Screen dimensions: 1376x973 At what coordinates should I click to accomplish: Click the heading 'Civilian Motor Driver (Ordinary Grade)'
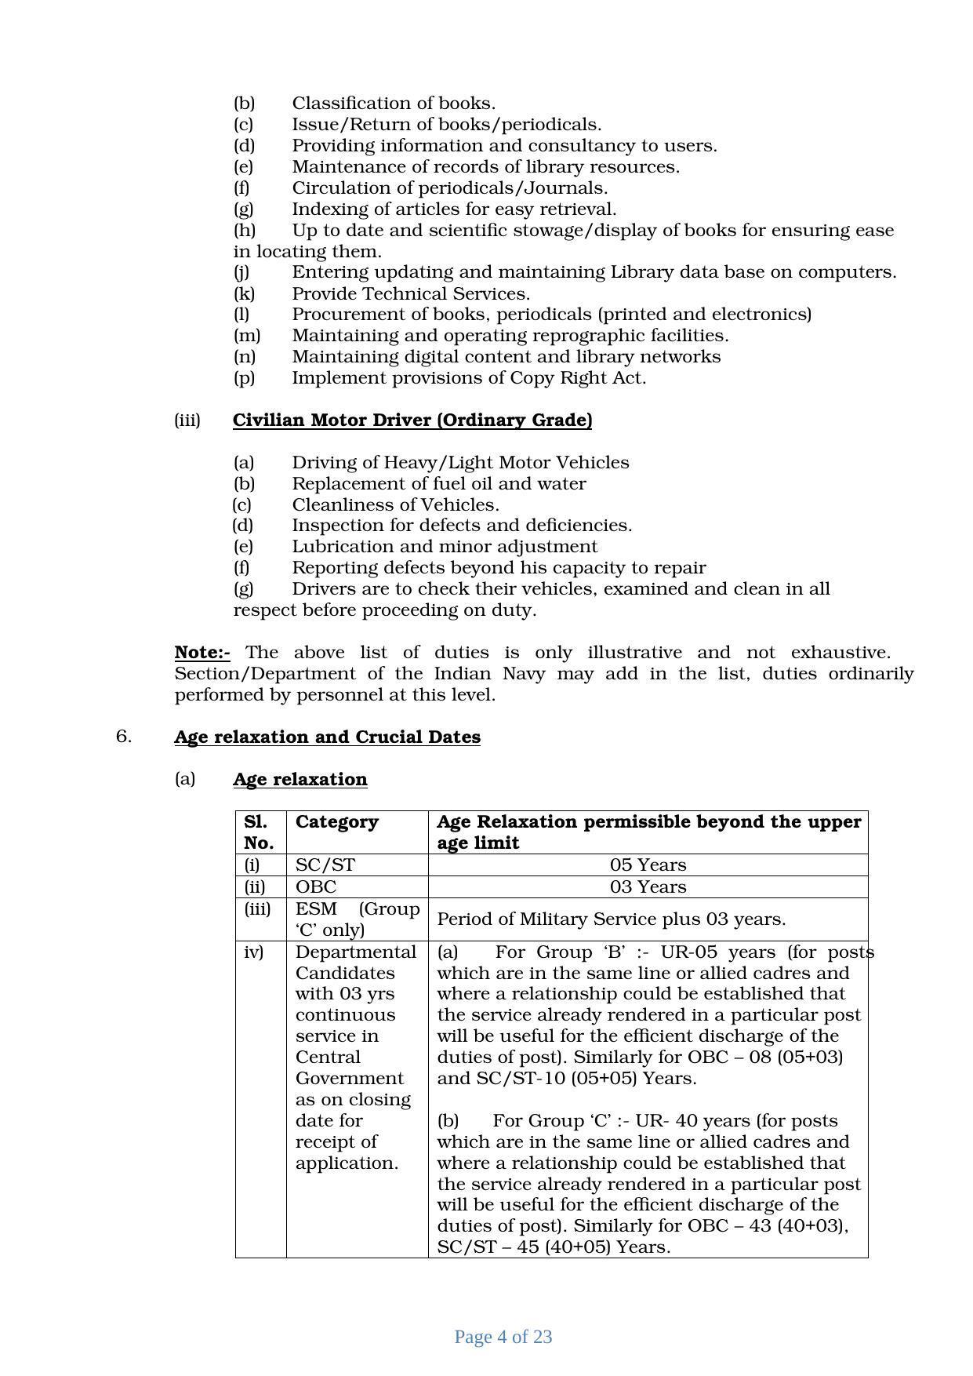click(412, 420)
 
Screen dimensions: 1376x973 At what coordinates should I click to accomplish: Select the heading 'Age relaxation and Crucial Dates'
click(327, 737)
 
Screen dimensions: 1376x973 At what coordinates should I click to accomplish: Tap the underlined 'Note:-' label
click(202, 653)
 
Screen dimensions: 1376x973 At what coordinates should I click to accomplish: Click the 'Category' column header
click(337, 822)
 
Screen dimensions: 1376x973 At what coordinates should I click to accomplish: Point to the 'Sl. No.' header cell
click(259, 832)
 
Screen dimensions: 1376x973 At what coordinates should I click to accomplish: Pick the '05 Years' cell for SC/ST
click(648, 865)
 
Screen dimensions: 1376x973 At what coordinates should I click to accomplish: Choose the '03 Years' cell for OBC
click(648, 887)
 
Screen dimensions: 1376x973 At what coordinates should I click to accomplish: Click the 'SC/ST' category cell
click(325, 865)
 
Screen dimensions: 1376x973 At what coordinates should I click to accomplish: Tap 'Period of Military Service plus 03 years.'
click(612, 919)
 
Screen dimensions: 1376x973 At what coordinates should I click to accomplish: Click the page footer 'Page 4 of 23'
click(503, 1338)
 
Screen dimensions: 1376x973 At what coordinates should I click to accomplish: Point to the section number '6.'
click(124, 737)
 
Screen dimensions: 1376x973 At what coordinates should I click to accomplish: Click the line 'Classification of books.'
click(394, 104)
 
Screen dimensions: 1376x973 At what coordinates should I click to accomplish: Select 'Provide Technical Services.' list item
click(411, 294)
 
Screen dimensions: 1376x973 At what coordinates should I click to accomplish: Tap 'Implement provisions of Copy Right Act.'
click(469, 378)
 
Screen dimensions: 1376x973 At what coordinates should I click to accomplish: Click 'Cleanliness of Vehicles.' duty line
click(395, 505)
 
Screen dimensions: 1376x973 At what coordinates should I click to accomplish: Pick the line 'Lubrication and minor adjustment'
click(445, 547)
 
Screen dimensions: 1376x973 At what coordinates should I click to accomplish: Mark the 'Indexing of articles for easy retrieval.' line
click(454, 209)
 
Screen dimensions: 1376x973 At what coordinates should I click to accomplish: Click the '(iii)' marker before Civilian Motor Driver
click(187, 420)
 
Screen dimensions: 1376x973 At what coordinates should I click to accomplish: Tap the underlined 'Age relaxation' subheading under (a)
click(300, 780)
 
